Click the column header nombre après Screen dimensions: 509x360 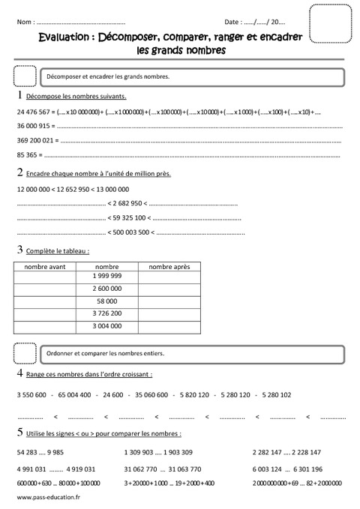click(169, 266)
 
